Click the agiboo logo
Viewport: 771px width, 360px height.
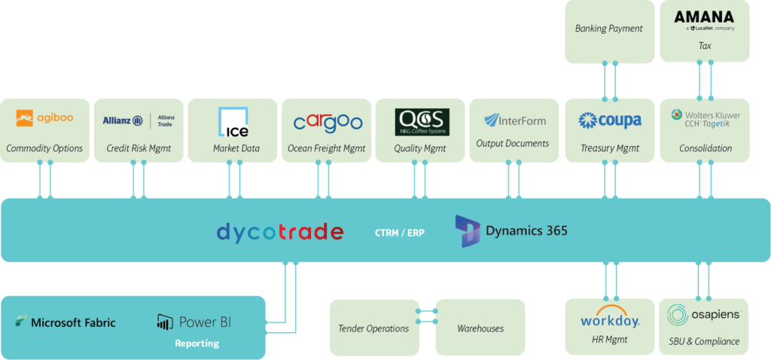(44, 118)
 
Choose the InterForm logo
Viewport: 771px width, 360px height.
(515, 121)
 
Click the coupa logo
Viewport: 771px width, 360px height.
(610, 121)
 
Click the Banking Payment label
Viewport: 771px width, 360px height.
(608, 29)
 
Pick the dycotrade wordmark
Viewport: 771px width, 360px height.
(279, 231)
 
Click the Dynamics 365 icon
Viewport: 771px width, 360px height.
(468, 230)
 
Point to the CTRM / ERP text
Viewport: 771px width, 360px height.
(399, 233)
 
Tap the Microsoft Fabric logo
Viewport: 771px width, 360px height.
(66, 322)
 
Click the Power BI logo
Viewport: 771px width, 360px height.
(194, 322)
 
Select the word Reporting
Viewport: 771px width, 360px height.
(197, 343)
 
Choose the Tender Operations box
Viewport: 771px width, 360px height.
(373, 328)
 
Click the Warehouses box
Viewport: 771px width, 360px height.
(480, 328)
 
